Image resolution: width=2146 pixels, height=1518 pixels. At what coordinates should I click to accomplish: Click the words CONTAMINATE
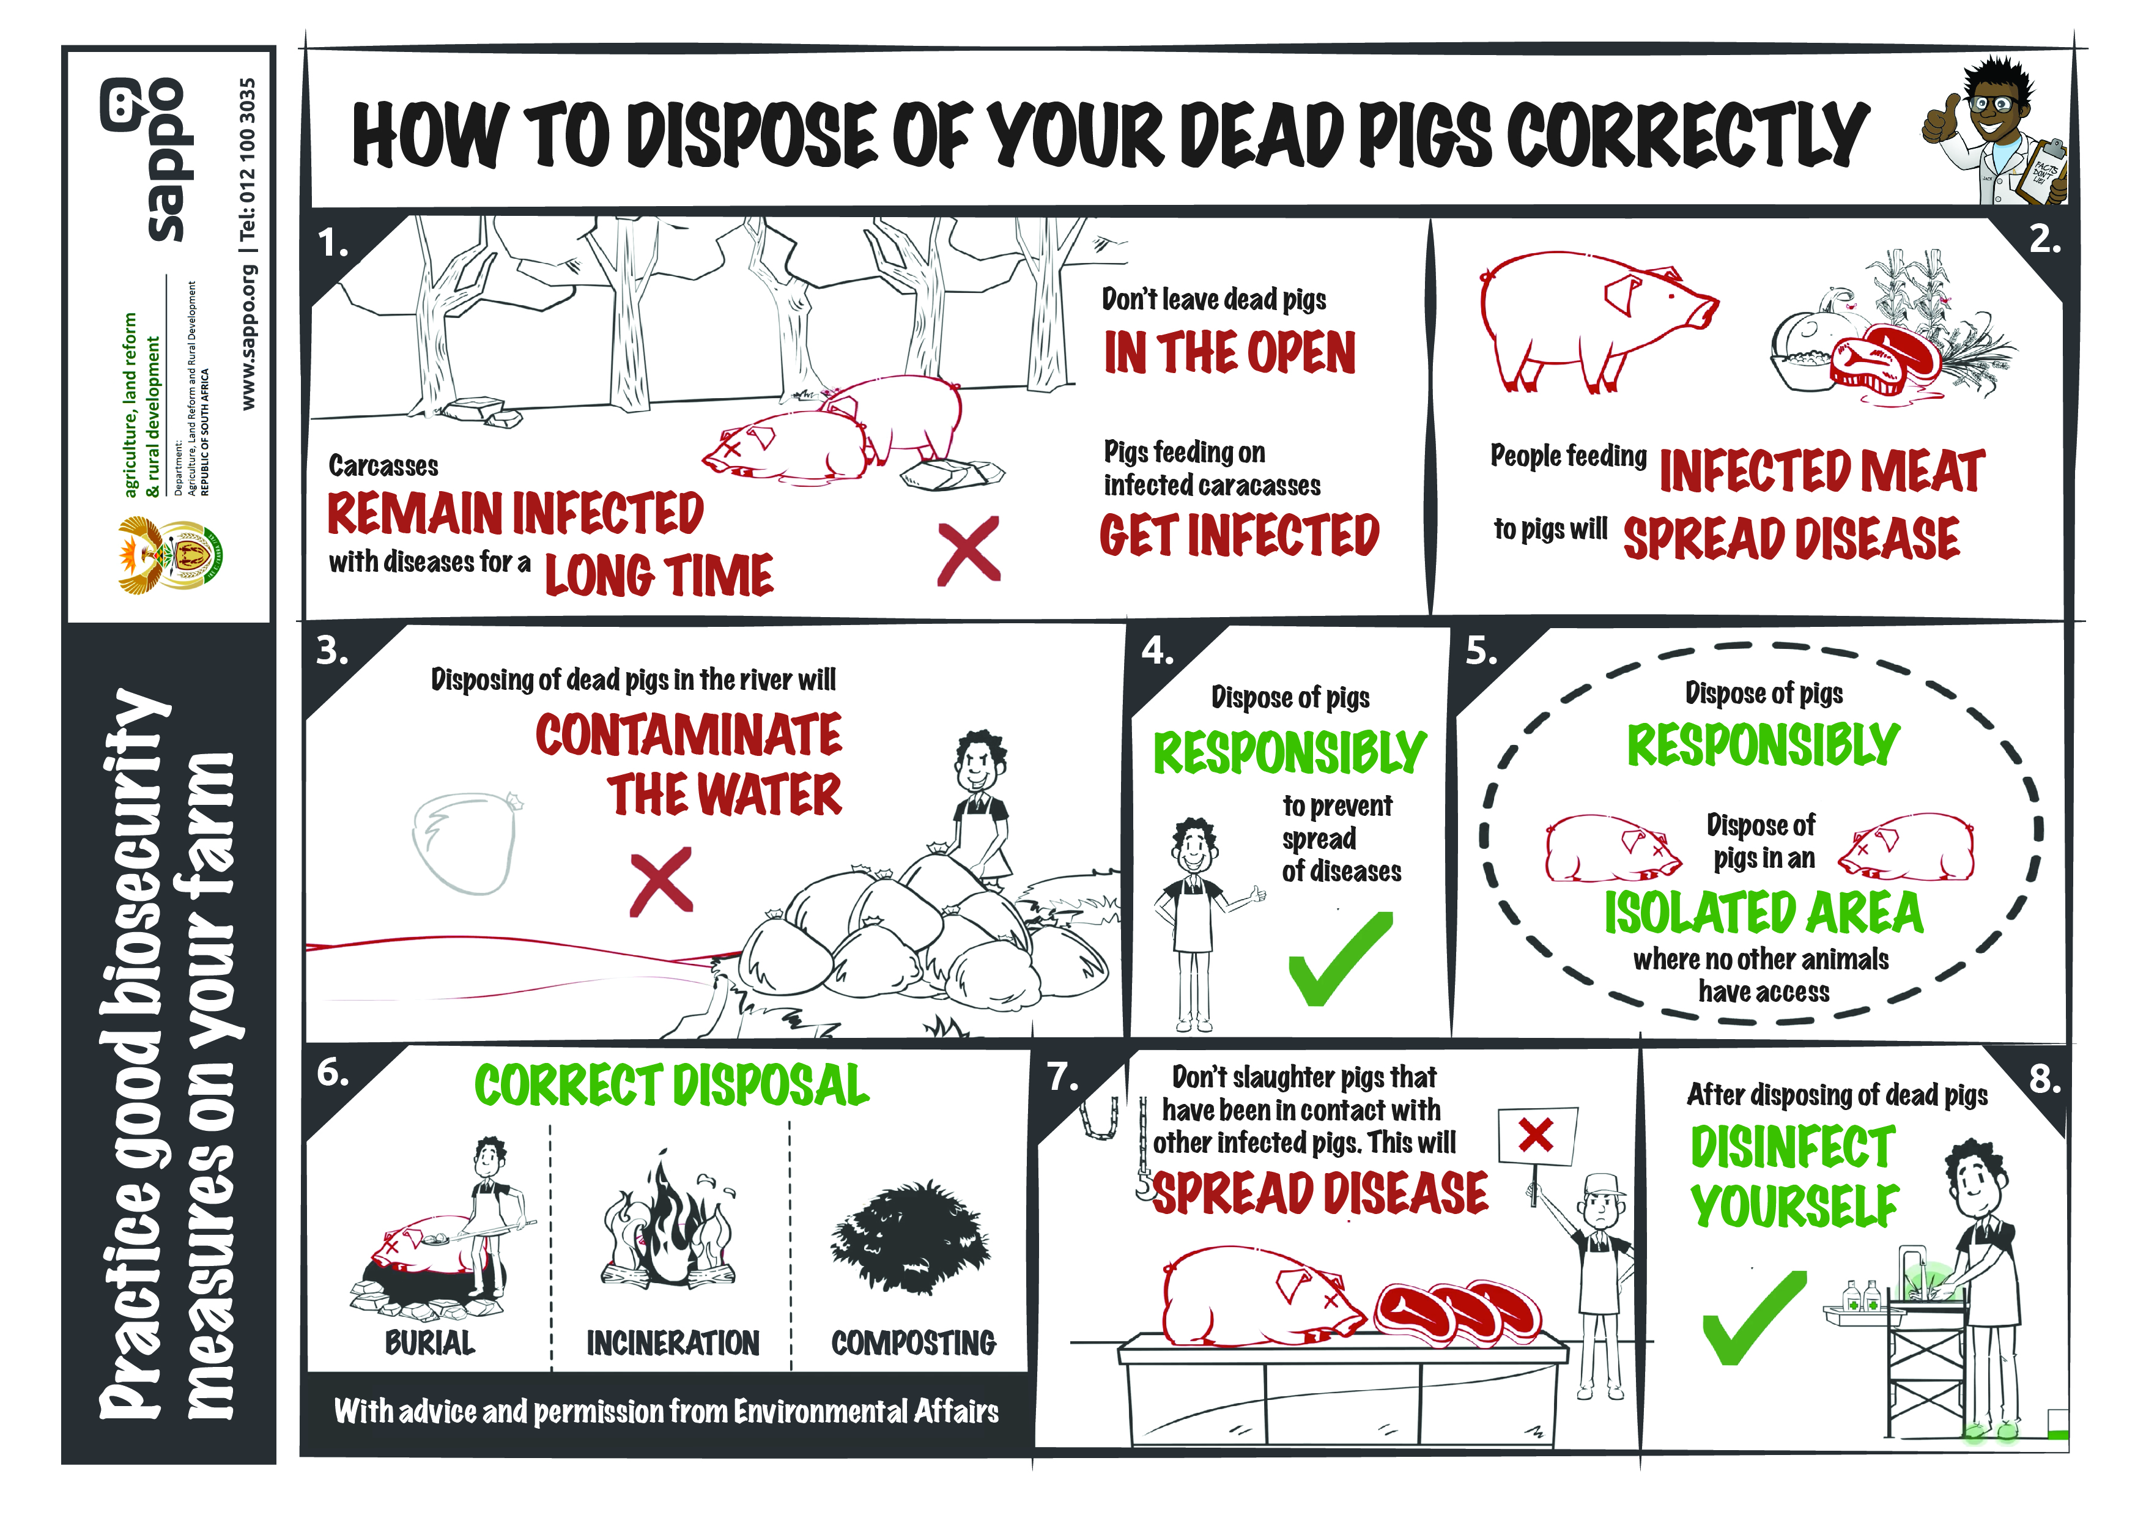click(688, 735)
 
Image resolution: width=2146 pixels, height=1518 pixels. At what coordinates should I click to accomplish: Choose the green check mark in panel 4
click(1339, 958)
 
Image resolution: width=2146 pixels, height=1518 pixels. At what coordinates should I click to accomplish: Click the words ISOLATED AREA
click(1764, 913)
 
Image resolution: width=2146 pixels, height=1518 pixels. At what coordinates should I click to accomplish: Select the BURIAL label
click(430, 1343)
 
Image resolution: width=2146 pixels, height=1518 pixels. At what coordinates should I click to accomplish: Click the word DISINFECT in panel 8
click(1793, 1147)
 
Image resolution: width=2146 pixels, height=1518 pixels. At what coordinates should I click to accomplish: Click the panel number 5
click(1481, 651)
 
